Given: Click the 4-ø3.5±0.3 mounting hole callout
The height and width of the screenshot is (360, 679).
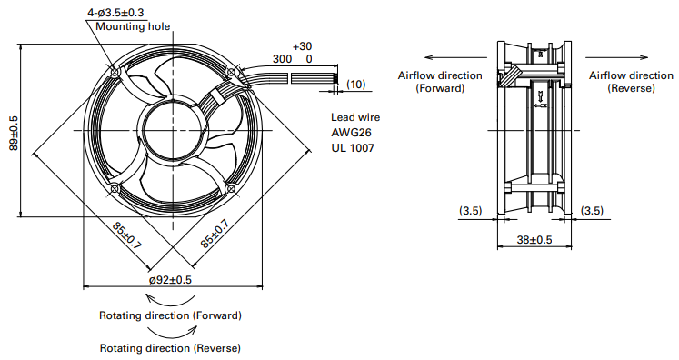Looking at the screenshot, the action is click(x=115, y=13).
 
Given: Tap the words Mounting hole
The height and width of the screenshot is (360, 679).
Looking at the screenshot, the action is click(x=133, y=26).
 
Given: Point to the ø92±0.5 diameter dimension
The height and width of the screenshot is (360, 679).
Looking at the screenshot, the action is click(x=170, y=280).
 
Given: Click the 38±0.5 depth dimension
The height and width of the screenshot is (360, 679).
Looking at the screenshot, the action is click(x=534, y=240).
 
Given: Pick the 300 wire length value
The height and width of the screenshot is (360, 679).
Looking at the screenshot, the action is click(x=283, y=58).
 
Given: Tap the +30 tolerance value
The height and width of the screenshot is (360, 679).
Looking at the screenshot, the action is click(x=303, y=46).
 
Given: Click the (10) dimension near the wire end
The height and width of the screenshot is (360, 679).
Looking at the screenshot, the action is click(x=356, y=84).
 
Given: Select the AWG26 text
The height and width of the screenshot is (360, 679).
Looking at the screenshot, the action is click(x=351, y=132).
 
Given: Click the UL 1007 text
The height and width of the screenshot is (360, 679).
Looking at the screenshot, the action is click(x=353, y=147).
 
